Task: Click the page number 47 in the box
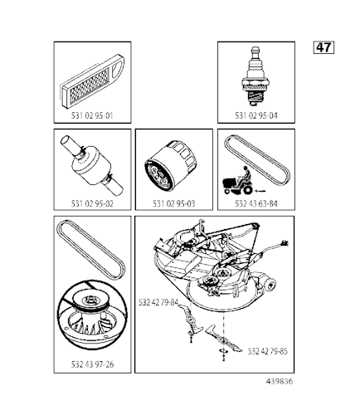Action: coord(324,46)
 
